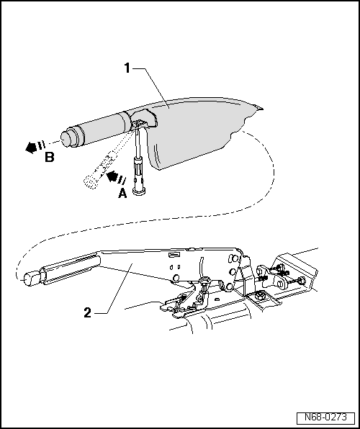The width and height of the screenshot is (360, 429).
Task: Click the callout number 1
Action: coord(127,69)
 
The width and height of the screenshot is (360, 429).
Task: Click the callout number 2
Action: coord(87,312)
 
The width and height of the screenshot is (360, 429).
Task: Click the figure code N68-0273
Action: coord(324,417)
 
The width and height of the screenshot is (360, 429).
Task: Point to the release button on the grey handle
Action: coord(68,136)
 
